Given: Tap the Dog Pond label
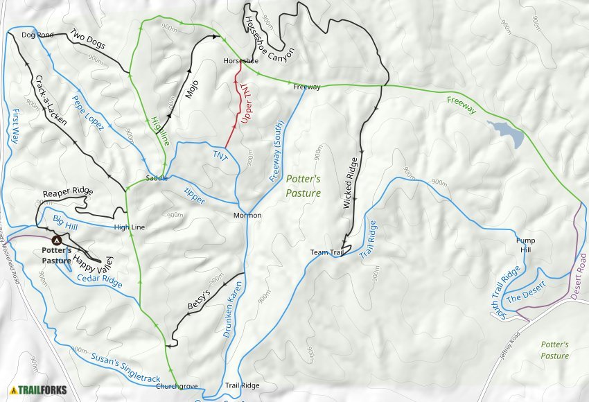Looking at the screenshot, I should point(37,35).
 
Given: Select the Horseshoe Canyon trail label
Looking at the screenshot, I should point(270,38).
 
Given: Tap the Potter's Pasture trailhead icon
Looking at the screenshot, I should point(56,239).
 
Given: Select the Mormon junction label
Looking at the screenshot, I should point(247,216).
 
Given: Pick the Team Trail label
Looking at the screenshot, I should point(327,252).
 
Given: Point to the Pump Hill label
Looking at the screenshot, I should point(525,245).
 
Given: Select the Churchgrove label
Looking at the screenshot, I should point(177,386).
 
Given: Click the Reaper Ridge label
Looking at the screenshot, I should point(68,192).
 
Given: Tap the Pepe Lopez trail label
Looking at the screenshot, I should point(88,112).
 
